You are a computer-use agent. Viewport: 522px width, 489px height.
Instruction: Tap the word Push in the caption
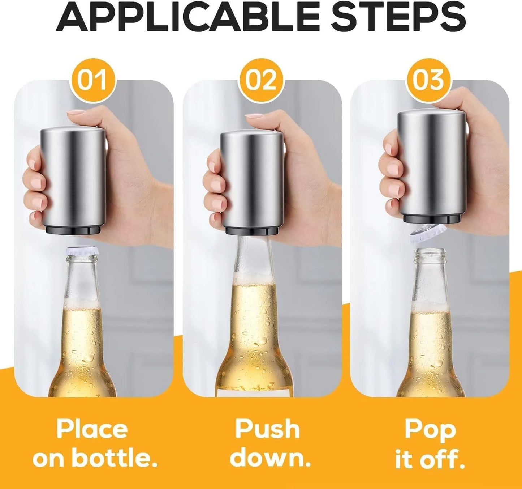pos(267,429)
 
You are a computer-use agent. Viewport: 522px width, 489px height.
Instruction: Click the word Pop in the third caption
pos(430,429)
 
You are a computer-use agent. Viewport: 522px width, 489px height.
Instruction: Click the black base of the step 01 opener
pos(76,230)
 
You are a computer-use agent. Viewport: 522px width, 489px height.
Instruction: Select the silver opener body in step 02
pos(253,181)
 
